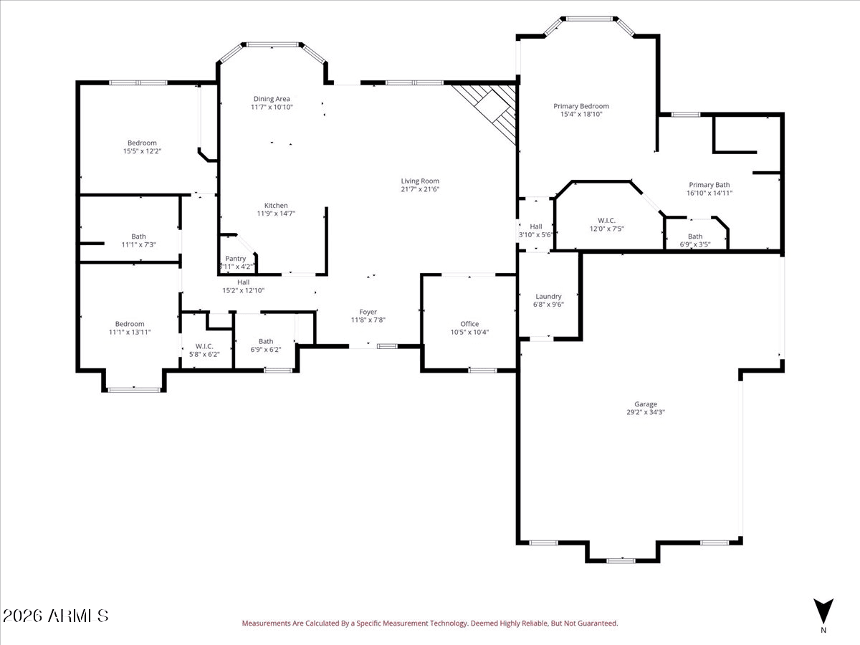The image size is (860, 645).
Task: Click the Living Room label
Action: tap(420, 181)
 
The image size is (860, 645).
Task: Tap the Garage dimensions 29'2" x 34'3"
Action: tap(646, 412)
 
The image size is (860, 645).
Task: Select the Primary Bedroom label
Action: tap(581, 106)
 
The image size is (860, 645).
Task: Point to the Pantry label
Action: tap(236, 259)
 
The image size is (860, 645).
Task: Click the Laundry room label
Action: tap(548, 297)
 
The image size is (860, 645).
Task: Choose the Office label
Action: tap(469, 324)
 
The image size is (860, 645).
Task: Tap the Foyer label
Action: tap(368, 312)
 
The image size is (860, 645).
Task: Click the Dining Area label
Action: tap(272, 99)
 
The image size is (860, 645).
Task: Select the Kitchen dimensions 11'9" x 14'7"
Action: tap(276, 214)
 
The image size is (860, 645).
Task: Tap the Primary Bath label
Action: tap(709, 185)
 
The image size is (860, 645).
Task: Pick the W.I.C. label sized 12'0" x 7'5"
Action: tap(606, 221)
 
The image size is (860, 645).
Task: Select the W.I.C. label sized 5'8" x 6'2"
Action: tap(204, 346)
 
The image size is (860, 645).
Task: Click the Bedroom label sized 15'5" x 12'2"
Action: tap(142, 143)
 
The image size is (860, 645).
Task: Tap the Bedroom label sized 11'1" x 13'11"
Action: tap(130, 324)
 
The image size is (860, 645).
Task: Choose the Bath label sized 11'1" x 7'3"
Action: tap(139, 236)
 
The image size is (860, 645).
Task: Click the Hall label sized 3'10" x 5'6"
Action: tap(536, 226)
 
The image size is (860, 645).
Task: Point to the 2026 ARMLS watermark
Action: tap(55, 616)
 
